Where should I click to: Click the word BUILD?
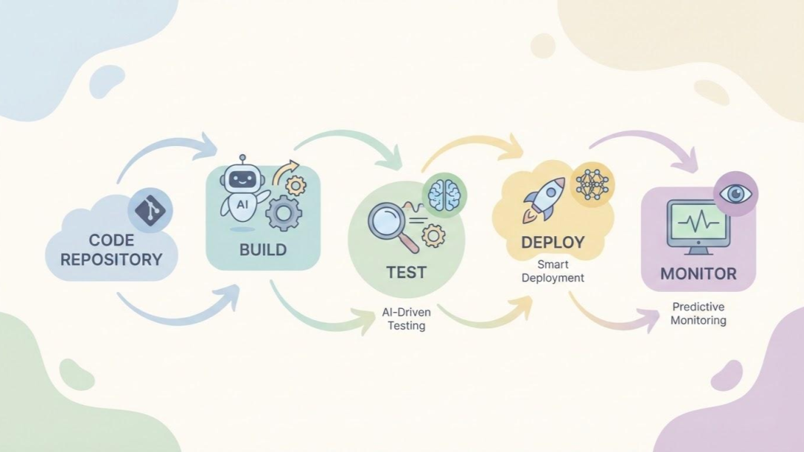click(263, 249)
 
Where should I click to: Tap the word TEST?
click(406, 273)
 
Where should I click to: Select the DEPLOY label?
click(552, 243)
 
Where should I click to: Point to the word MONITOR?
click(698, 273)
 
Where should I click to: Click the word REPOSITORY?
click(111, 259)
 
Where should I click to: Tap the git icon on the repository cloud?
click(151, 210)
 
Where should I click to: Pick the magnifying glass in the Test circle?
click(389, 223)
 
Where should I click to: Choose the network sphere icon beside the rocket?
click(593, 184)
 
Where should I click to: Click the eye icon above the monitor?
click(736, 194)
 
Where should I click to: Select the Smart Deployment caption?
click(552, 271)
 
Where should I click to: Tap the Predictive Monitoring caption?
click(698, 313)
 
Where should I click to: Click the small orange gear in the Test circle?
click(433, 237)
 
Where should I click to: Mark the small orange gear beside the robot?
click(296, 186)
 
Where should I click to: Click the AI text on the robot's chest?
click(243, 203)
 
